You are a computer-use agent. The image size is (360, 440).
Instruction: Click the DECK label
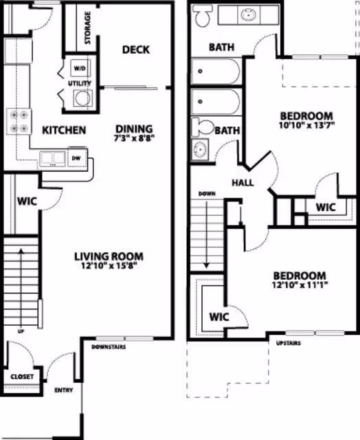tap(136, 49)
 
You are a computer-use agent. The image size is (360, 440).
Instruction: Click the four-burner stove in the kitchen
tap(19, 121)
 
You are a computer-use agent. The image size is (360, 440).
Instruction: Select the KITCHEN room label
tap(64, 130)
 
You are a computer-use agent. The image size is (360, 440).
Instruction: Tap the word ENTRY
tap(64, 390)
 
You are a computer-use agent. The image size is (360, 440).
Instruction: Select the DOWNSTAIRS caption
tap(108, 347)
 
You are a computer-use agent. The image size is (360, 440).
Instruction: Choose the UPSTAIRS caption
tap(288, 343)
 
